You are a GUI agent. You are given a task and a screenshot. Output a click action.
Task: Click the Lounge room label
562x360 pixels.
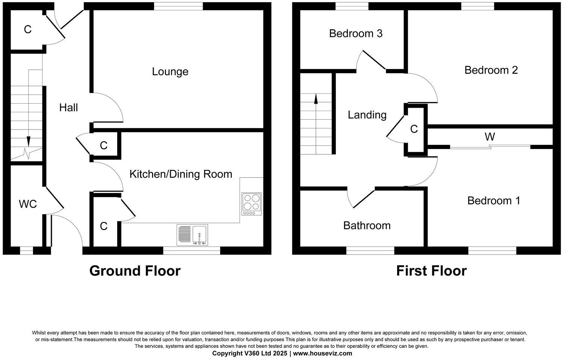pyautogui.click(x=170, y=71)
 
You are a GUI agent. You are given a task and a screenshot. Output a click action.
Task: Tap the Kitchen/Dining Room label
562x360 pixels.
pyautogui.click(x=181, y=174)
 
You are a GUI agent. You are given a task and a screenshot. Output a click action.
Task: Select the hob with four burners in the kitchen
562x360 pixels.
pyautogui.click(x=252, y=204)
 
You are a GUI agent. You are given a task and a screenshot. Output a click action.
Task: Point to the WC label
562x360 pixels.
pyautogui.click(x=28, y=204)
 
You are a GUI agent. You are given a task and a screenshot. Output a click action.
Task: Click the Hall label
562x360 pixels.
pyautogui.click(x=68, y=108)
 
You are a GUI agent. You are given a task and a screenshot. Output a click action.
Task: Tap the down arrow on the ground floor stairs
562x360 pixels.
pyautogui.click(x=28, y=141)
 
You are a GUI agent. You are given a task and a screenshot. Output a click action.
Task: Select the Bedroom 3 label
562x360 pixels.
pyautogui.click(x=355, y=33)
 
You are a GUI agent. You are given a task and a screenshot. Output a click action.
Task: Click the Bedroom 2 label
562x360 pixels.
pyautogui.click(x=491, y=70)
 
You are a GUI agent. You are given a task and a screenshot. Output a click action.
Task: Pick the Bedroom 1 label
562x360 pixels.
pyautogui.click(x=493, y=200)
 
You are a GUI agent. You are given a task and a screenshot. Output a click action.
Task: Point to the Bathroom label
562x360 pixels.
pyautogui.click(x=367, y=225)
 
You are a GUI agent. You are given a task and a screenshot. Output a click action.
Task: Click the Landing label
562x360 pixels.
pyautogui.click(x=367, y=115)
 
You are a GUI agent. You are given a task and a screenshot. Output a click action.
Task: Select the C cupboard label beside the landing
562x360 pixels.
pyautogui.click(x=414, y=129)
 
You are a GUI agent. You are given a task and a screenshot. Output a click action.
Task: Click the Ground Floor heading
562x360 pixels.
pyautogui.click(x=135, y=271)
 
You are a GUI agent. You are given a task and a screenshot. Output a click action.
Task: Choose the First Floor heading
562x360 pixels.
pyautogui.click(x=431, y=271)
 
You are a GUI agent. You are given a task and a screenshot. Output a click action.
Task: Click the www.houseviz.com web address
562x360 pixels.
pyautogui.click(x=322, y=353)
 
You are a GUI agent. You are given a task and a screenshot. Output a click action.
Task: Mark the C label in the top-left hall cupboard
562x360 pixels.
pyautogui.click(x=27, y=29)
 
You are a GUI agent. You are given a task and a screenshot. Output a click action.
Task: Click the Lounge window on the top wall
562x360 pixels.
pyautogui.click(x=178, y=6)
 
